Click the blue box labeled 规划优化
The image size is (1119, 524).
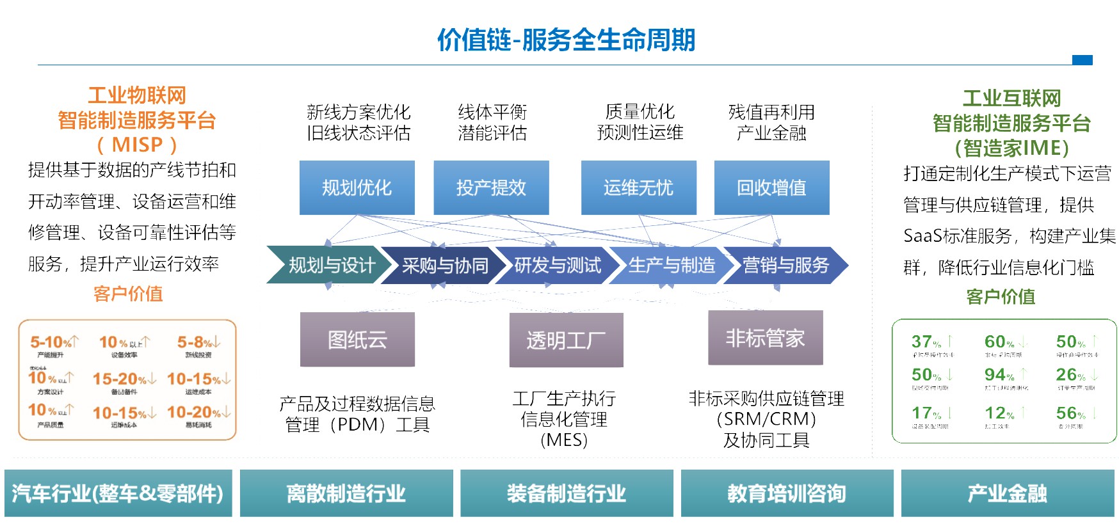(x=357, y=187)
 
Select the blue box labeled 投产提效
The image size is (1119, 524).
(x=491, y=187)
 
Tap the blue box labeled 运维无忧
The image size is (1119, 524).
(x=638, y=187)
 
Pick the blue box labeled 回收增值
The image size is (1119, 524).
(x=771, y=187)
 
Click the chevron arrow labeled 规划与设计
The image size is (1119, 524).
(x=330, y=265)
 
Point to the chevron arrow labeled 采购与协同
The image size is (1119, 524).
(x=444, y=265)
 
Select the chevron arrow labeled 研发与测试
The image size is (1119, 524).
(x=557, y=265)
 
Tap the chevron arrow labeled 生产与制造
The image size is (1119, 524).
(x=671, y=265)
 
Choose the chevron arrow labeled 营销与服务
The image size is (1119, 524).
(x=785, y=265)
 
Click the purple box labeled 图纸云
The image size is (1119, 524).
(x=357, y=340)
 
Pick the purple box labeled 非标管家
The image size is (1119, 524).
(x=765, y=338)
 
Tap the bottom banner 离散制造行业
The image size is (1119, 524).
(x=346, y=493)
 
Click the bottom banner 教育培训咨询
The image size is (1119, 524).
(x=787, y=493)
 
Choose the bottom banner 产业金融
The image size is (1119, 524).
(x=1007, y=493)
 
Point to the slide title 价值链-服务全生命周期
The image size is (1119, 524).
(x=566, y=40)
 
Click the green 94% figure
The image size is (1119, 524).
(x=999, y=374)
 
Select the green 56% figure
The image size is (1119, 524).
(x=1071, y=413)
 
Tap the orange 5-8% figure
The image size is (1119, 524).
(x=195, y=342)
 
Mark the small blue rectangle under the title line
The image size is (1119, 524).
(x=1082, y=60)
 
